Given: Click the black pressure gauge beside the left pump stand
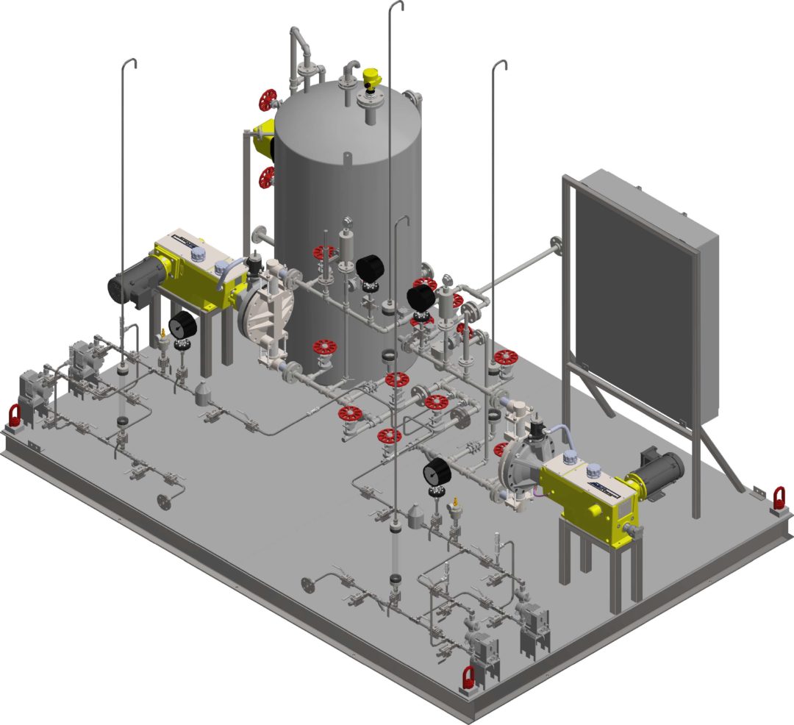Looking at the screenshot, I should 181,324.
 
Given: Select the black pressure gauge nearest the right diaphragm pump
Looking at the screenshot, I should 437,470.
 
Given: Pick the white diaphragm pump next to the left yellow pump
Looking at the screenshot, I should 265,309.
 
